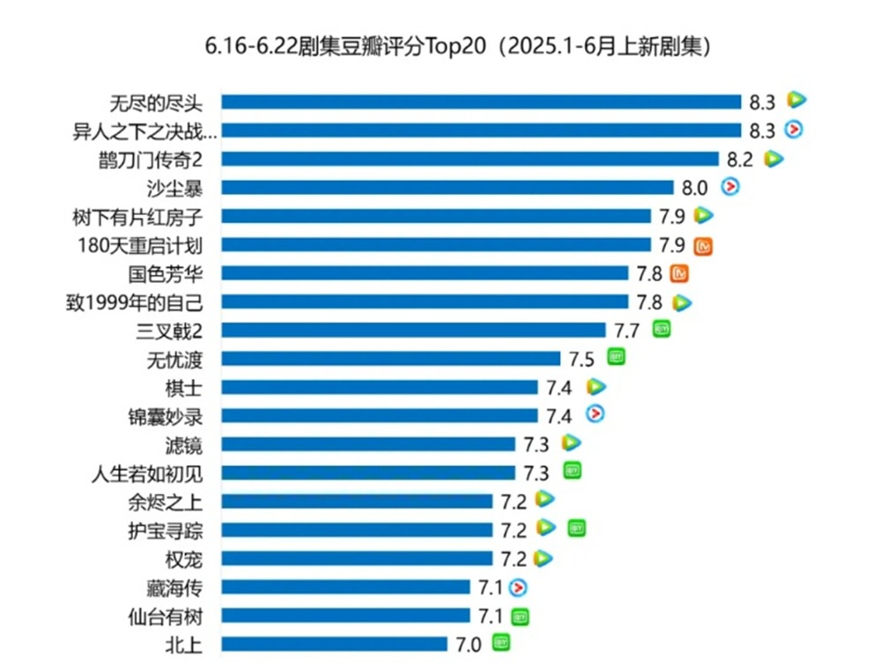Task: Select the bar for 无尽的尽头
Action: [x=481, y=102]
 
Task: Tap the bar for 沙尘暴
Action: [x=447, y=187]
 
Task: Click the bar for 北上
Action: [x=334, y=644]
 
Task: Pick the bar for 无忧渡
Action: [x=390, y=358]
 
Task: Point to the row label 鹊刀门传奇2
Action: [x=152, y=160]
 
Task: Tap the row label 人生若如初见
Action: [x=146, y=473]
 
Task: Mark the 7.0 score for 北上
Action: [x=470, y=645]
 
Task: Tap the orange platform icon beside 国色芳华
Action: [x=679, y=273]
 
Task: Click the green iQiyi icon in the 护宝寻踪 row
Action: [x=577, y=528]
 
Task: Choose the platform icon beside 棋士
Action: [x=596, y=385]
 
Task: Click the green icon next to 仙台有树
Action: [x=521, y=615]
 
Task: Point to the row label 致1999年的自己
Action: [x=135, y=302]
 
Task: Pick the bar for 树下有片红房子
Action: [x=435, y=216]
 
